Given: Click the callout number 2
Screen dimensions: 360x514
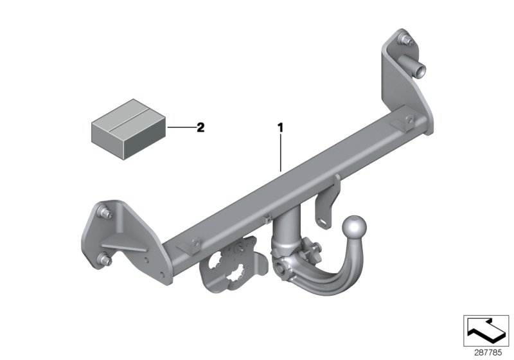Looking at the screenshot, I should pos(200,127).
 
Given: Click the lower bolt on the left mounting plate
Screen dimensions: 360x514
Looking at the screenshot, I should pos(103,260).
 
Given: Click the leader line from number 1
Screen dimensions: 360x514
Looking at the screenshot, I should pos(280,152).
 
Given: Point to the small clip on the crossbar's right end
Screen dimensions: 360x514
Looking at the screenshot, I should pos(408,122).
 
